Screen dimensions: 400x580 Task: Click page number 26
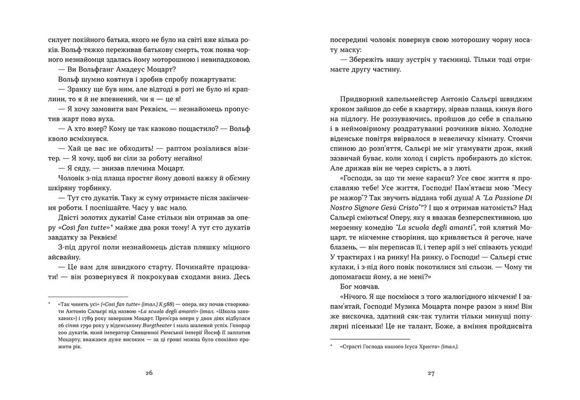149,373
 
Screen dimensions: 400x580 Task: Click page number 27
431,373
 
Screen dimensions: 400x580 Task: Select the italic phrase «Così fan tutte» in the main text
83,227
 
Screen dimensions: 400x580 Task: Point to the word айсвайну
64,257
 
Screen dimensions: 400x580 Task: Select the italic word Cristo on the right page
408,208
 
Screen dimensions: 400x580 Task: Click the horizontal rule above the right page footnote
370,339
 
